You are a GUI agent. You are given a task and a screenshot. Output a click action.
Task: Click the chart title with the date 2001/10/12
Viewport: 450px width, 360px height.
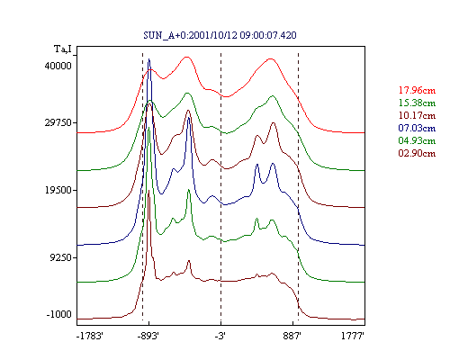220,35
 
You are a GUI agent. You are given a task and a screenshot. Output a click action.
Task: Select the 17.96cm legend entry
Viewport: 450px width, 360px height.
417,90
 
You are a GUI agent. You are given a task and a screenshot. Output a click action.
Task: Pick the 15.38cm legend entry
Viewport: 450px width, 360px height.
417,103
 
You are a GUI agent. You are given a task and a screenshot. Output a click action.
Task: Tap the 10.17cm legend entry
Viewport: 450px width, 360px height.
417,115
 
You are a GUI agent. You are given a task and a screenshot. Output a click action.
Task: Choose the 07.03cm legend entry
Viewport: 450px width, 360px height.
417,128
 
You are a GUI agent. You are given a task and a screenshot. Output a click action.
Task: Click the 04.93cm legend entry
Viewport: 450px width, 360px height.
417,140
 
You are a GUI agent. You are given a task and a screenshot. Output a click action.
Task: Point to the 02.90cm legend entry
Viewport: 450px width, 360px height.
417,153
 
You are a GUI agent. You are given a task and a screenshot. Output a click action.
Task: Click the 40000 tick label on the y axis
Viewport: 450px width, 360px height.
58,66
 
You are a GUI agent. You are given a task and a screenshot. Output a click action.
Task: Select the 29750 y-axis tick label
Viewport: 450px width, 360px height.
58,122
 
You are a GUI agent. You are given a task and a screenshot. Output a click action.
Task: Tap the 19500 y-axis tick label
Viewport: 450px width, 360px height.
58,190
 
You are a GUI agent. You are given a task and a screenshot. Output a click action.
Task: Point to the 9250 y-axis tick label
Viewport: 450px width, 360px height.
61,257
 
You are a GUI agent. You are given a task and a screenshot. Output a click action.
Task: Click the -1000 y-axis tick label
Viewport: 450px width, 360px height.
59,314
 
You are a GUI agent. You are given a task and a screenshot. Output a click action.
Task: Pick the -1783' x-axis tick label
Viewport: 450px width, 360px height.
90,336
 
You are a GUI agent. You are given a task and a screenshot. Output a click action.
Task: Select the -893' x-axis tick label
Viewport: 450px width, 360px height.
148,336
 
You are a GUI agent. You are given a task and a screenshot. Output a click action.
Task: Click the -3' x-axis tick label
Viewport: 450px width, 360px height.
220,336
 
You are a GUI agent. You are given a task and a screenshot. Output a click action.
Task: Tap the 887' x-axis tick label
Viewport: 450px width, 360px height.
292,336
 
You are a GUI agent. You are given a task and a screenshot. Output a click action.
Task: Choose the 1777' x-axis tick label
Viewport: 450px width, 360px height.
353,336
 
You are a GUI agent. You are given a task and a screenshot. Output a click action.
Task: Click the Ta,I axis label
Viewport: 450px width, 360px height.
63,49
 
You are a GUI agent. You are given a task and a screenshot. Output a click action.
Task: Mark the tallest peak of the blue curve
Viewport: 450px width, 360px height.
149,59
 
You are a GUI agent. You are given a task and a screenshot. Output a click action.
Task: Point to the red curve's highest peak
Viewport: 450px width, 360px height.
187,57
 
